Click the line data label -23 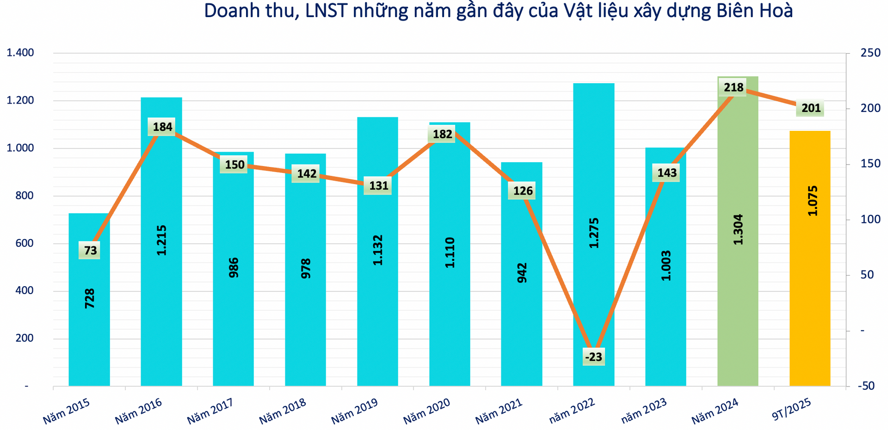pyautogui.click(x=593, y=357)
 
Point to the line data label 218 pyautogui.click(x=734, y=87)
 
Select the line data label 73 pyautogui.click(x=90, y=251)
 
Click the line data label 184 pyautogui.click(x=162, y=127)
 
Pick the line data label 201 pyautogui.click(x=811, y=108)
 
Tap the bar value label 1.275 pyautogui.click(x=594, y=233)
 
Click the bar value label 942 pyautogui.click(x=522, y=273)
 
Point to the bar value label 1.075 pyautogui.click(x=812, y=201)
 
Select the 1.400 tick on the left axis pyautogui.click(x=20, y=53)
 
